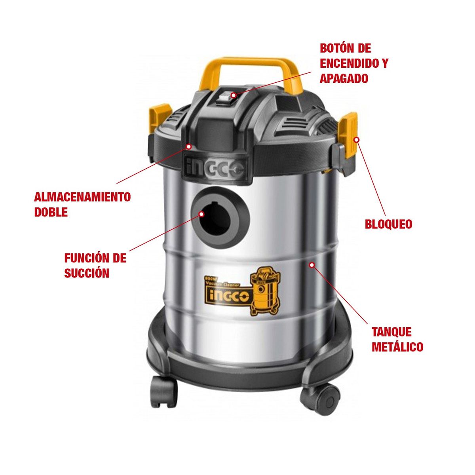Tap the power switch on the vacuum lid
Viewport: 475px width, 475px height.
(x=226, y=97)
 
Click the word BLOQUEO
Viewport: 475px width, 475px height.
(x=388, y=224)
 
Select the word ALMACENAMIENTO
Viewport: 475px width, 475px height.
(x=82, y=197)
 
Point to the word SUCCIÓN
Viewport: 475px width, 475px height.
(x=87, y=273)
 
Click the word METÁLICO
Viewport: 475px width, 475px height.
(x=397, y=347)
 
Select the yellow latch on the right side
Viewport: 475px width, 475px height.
(x=350, y=135)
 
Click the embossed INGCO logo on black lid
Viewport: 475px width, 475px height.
(x=215, y=169)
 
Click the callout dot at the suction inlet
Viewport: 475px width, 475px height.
(x=201, y=214)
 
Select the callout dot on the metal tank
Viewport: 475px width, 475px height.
(x=312, y=265)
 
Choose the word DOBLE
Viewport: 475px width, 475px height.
(x=51, y=212)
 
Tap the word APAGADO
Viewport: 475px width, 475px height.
(x=344, y=78)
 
